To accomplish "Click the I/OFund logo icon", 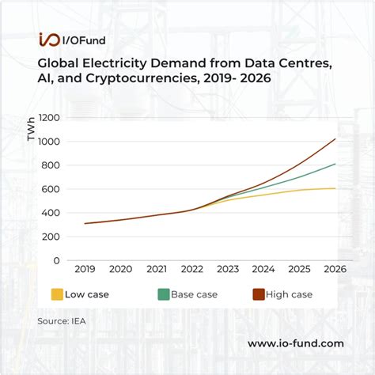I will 49,40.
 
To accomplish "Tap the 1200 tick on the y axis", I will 49,118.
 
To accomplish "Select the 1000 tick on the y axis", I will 49,142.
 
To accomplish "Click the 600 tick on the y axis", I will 51,189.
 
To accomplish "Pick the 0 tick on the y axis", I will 57,260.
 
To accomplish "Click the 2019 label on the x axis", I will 85,270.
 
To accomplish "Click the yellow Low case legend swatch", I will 56,294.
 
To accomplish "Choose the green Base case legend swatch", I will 164,294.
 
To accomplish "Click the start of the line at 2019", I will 85,223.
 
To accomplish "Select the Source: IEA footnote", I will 61,321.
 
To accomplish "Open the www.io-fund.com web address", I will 295,343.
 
